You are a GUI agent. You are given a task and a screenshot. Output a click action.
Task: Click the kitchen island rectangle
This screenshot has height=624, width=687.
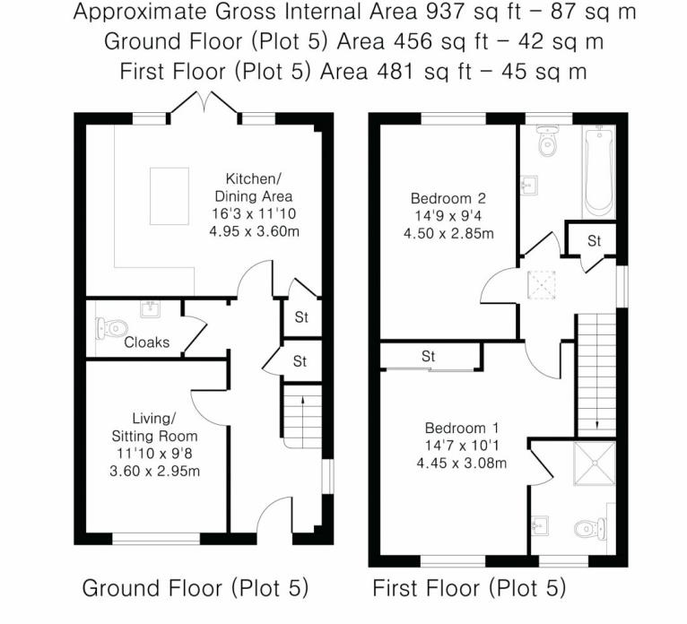coord(169,195)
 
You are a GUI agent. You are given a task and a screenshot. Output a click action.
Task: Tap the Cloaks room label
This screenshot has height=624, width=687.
coord(146,342)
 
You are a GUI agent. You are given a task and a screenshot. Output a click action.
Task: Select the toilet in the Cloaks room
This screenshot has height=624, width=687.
coord(114,329)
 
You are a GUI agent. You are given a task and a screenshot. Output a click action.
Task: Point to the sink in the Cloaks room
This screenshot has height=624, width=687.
coord(149,311)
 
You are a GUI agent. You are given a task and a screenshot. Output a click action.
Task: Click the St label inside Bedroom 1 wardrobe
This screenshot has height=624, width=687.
coord(429,357)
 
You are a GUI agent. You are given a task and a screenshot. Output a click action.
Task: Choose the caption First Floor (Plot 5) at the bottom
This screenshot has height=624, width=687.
coord(469,589)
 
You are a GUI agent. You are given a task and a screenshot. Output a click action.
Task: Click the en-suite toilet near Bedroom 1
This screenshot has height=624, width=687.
coord(593,529)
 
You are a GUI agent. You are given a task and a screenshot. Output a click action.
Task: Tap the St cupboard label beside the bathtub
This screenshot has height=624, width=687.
coord(594,241)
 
